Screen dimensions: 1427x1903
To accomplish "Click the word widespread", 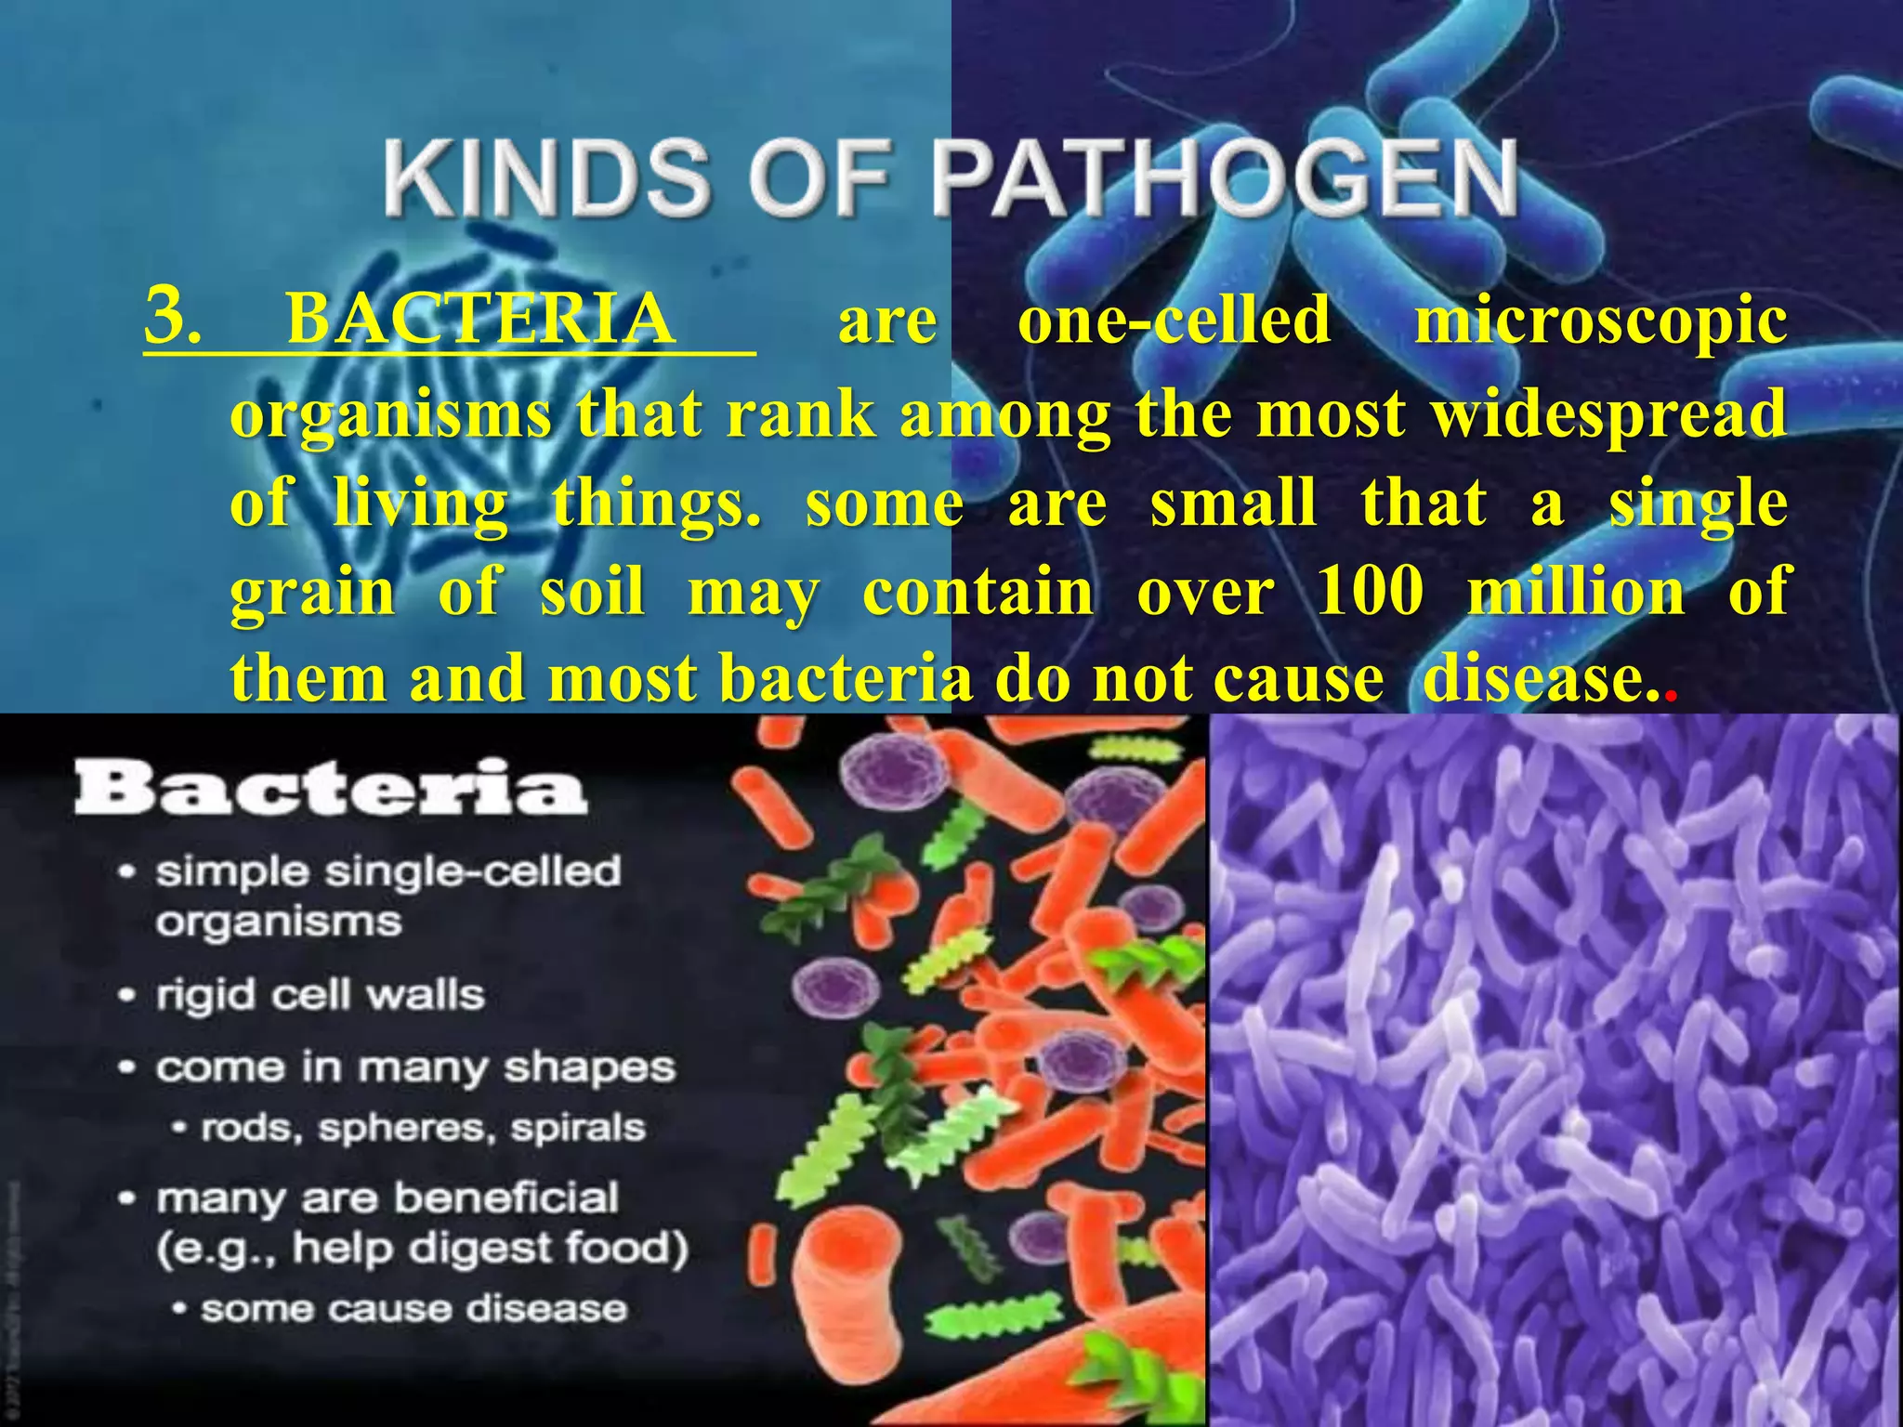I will [x=1608, y=414].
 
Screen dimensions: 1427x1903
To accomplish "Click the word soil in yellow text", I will [x=592, y=591].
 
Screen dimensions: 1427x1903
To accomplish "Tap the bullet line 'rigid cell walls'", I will [x=320, y=996].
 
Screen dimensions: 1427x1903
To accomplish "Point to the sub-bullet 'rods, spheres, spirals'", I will [x=423, y=1128].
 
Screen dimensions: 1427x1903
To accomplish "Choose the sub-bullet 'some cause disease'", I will [x=413, y=1309].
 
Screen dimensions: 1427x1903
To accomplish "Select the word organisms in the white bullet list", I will [x=279, y=923].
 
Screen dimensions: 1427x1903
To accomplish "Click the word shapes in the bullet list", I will [x=589, y=1068].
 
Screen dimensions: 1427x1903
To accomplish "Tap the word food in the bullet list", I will [x=624, y=1249].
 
